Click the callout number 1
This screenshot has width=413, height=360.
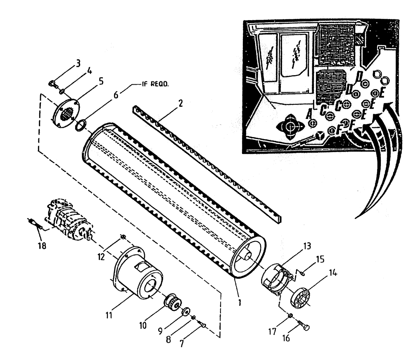point(240,302)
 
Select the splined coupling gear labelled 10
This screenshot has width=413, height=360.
point(175,305)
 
